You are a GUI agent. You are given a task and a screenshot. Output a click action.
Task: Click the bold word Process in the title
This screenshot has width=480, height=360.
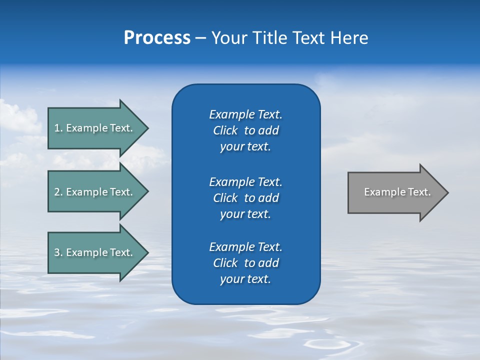(157, 38)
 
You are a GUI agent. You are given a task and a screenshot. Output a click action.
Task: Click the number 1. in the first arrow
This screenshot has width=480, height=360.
(58, 128)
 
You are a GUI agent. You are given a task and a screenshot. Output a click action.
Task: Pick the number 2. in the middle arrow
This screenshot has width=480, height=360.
(58, 192)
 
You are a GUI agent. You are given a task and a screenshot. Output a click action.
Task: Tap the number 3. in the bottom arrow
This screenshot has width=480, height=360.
(58, 252)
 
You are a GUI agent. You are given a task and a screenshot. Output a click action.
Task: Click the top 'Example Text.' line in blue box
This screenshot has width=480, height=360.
(245, 114)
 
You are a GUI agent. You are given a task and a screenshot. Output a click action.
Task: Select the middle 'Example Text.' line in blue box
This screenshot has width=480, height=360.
(245, 181)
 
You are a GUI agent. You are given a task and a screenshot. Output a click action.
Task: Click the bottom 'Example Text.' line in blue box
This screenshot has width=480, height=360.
(245, 247)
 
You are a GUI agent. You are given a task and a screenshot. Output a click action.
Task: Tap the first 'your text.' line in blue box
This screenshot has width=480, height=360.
(245, 146)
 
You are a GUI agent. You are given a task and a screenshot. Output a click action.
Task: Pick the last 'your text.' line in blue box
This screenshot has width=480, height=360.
(245, 279)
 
